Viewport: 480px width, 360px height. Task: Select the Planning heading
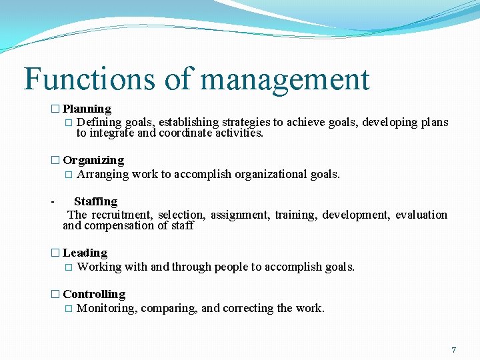[87, 109]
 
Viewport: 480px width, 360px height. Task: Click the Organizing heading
[93, 161]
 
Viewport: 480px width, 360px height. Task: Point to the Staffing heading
[95, 201]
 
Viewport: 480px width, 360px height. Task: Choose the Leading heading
[85, 253]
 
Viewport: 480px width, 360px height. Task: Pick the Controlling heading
[94, 295]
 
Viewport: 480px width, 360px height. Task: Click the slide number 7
[454, 350]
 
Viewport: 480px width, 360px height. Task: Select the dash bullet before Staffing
[52, 201]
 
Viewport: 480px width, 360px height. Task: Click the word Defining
[99, 123]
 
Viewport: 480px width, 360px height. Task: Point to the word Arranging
[103, 175]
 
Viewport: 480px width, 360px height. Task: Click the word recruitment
[122, 215]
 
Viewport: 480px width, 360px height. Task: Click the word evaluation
[421, 215]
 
